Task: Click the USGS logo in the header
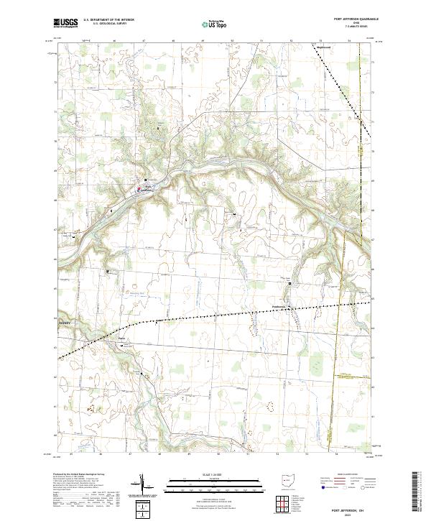pyautogui.click(x=66, y=24)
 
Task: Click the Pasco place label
pyautogui.click(x=121, y=338)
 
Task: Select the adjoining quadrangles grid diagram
pyautogui.click(x=284, y=504)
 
